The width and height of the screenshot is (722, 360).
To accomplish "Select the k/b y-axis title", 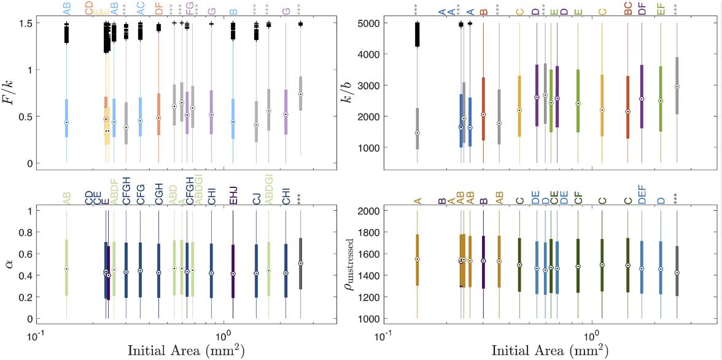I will (x=357, y=87).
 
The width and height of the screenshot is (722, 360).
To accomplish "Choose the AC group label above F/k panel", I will (x=141, y=8).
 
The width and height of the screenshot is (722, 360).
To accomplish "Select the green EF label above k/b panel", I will (x=661, y=8).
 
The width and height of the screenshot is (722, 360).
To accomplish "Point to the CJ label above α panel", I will (x=256, y=198).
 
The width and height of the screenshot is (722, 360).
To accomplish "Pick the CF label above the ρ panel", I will (x=578, y=198).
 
